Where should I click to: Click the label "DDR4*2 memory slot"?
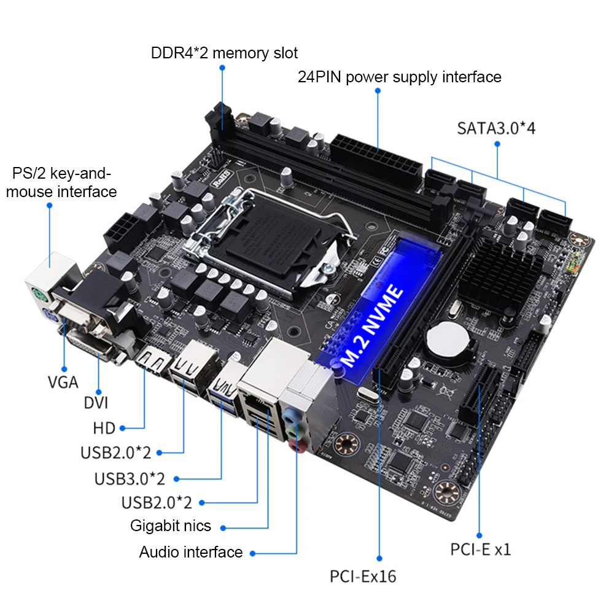click(x=224, y=53)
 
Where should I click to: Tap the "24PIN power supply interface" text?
click(x=399, y=77)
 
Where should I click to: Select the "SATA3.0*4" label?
click(x=496, y=128)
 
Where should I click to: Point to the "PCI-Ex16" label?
click(x=363, y=577)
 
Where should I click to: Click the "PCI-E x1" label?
click(x=480, y=549)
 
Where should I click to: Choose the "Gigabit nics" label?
click(x=170, y=526)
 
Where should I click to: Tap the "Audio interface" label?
click(x=190, y=552)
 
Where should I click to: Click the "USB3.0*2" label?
click(x=129, y=478)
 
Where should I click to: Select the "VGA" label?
click(x=63, y=382)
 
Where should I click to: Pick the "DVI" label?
click(x=96, y=403)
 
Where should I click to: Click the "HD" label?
click(x=104, y=428)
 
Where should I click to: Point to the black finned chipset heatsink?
click(x=504, y=273)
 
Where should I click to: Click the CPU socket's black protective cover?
click(x=274, y=246)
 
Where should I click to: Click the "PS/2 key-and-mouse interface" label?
click(x=61, y=182)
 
